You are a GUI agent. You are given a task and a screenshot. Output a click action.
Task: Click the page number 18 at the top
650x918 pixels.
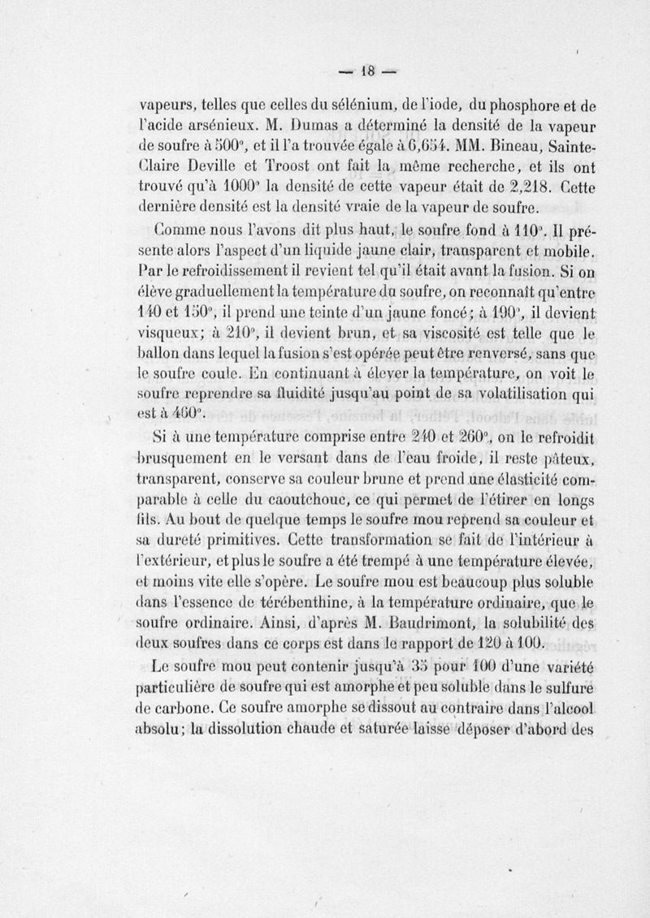(x=365, y=70)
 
